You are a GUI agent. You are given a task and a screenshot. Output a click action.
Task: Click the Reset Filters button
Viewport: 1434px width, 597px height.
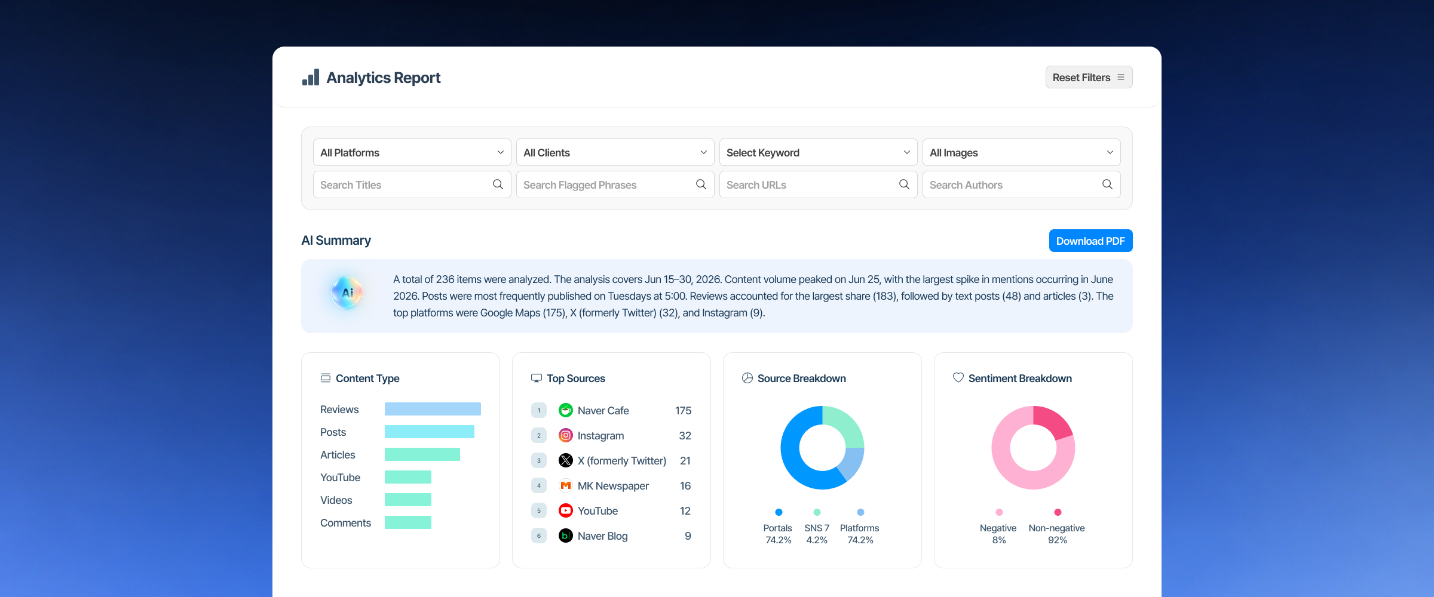coord(1089,77)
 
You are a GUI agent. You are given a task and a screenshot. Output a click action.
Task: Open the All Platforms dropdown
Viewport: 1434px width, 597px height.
coord(412,152)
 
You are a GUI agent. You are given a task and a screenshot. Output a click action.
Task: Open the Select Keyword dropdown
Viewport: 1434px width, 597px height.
coord(818,152)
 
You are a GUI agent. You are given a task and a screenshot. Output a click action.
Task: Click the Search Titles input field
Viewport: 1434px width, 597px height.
coord(412,184)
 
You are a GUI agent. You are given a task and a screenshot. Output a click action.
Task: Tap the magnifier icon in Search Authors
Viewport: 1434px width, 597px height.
coord(1107,184)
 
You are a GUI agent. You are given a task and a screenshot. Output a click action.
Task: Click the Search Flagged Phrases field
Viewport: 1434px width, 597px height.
coord(615,184)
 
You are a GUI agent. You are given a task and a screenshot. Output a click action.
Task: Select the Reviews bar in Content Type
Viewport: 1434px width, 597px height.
coord(433,409)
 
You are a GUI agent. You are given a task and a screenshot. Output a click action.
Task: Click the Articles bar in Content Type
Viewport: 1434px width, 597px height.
coord(422,454)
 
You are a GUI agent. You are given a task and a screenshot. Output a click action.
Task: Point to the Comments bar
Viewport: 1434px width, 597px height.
coord(408,522)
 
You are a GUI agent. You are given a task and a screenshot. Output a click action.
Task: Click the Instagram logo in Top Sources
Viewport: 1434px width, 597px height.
coord(566,435)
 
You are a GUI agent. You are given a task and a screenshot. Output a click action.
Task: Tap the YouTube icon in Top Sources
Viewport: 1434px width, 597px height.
coord(566,510)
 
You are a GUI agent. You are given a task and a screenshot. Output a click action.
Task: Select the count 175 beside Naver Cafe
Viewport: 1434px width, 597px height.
coord(683,410)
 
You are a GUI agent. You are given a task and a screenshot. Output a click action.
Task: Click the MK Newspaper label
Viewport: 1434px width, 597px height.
coord(613,485)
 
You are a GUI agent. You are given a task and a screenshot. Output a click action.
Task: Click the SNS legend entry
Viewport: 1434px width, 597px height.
coord(817,528)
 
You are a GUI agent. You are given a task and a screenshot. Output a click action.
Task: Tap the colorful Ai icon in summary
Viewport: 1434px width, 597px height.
coord(347,293)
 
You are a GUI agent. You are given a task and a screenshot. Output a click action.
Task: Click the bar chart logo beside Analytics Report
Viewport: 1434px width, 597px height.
coord(311,78)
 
